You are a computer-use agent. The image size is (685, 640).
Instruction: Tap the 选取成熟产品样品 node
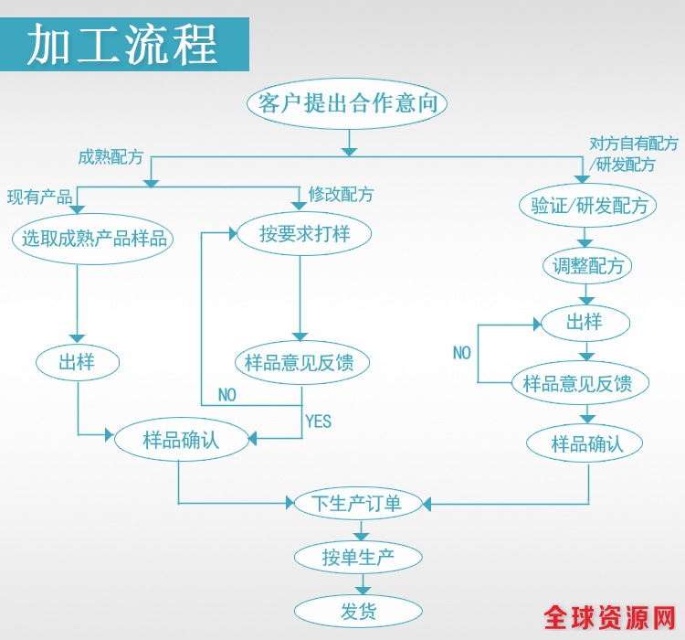pos(95,239)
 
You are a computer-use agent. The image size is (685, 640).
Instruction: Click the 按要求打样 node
pos(304,233)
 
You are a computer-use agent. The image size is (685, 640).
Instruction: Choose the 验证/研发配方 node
pos(589,206)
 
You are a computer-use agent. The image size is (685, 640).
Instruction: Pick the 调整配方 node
pos(589,266)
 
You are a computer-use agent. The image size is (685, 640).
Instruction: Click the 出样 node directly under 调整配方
pos(585,322)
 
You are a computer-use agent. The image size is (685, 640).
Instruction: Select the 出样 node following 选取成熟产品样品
pos(77,362)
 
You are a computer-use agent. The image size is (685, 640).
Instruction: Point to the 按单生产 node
pos(358,557)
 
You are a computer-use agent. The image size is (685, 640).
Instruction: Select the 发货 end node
pos(358,611)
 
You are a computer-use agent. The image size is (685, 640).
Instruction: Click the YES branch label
pos(318,421)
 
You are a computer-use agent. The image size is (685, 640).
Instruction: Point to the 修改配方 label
pos(341,195)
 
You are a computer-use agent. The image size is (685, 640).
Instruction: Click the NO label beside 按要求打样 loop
pos(227,395)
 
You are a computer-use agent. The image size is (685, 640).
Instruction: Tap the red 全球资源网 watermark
pos(609,618)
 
